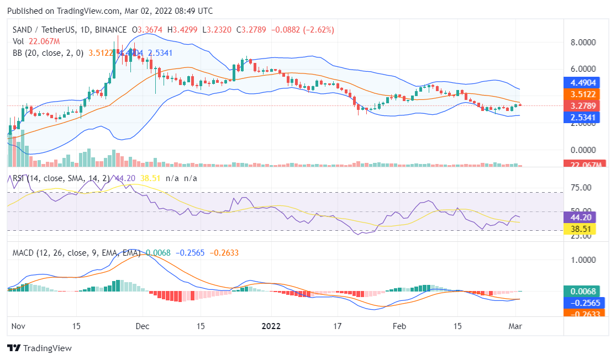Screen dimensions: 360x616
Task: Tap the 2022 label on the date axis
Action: (x=271, y=326)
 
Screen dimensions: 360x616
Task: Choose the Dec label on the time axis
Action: (x=143, y=326)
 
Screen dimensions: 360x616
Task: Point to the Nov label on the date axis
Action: (x=19, y=326)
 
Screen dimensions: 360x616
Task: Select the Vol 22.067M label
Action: (x=36, y=41)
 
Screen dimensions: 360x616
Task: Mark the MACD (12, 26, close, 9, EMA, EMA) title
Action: (x=75, y=253)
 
